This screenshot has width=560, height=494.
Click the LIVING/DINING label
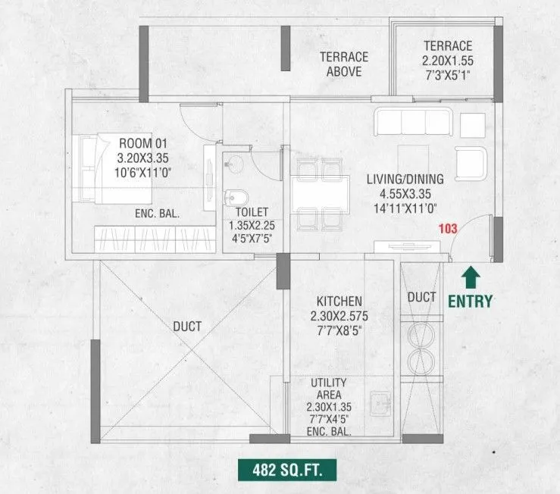click(405, 180)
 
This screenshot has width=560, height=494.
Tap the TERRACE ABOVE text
click(343, 64)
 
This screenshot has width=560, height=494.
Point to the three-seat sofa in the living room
click(412, 123)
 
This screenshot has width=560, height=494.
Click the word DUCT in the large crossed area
click(187, 327)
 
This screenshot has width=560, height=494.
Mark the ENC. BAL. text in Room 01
click(156, 214)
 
